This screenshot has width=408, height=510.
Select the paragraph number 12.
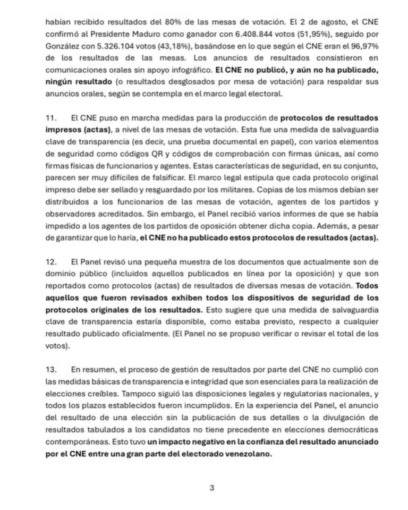pyautogui.click(x=51, y=262)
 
